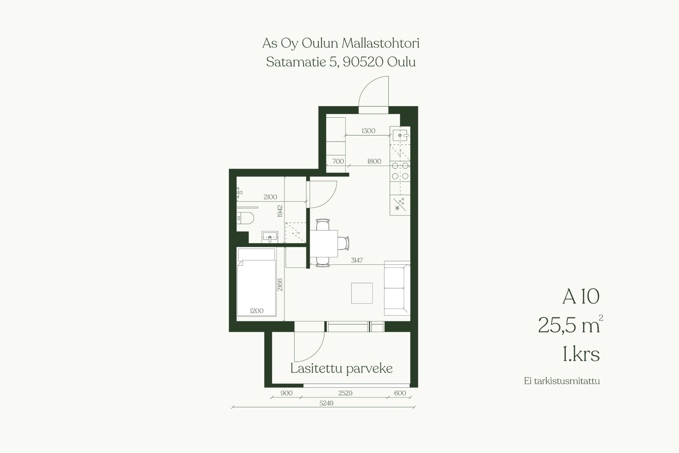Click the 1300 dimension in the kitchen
click(368, 131)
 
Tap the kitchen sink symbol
click(400, 135)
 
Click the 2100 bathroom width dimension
click(270, 197)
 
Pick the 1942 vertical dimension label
click(280, 211)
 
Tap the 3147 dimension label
click(357, 260)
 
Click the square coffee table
click(362, 293)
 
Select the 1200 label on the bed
click(257, 311)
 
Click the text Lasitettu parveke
click(341, 368)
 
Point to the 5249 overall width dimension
click(326, 403)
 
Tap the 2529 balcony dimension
click(345, 393)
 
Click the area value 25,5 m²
click(570, 325)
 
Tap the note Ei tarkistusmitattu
click(562, 381)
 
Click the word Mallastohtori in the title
click(380, 43)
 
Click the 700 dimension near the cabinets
click(338, 161)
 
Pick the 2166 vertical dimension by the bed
click(280, 285)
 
